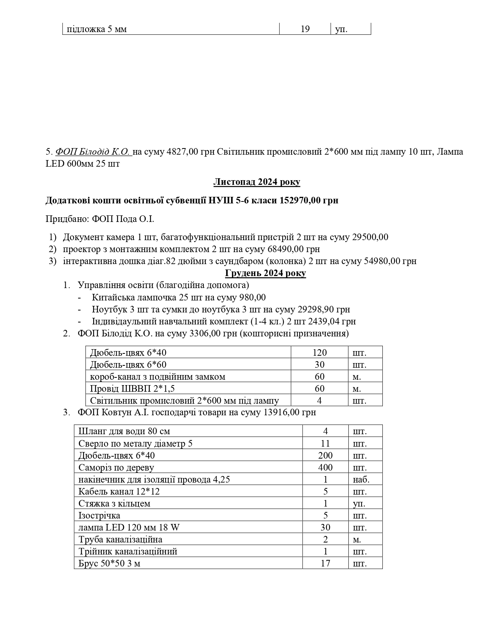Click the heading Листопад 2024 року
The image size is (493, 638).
[x=256, y=182]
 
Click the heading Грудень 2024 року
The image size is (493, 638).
[x=265, y=273]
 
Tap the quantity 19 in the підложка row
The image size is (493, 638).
[x=305, y=29]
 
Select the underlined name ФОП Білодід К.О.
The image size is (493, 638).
[x=93, y=152]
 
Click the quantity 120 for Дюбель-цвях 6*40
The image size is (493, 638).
[x=319, y=353]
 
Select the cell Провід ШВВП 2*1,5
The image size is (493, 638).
[x=135, y=389]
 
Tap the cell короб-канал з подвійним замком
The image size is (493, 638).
[x=157, y=377]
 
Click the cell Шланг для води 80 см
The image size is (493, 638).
[x=124, y=431]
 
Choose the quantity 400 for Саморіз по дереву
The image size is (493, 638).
[x=325, y=467]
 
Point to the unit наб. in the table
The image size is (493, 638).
[x=361, y=479]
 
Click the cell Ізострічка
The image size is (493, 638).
[x=99, y=515]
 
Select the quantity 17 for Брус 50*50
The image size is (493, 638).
[x=325, y=563]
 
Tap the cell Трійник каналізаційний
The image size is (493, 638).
[x=128, y=551]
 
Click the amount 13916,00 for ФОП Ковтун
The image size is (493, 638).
[x=281, y=412]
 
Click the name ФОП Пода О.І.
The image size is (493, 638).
[x=123, y=219]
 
